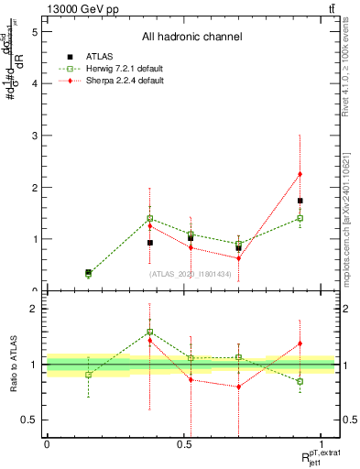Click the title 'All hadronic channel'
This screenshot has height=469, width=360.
pyautogui.click(x=191, y=38)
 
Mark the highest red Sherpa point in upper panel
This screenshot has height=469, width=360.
pyautogui.click(x=300, y=174)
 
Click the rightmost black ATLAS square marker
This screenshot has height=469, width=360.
pyautogui.click(x=300, y=201)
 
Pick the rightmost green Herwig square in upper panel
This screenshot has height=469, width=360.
pyautogui.click(x=300, y=218)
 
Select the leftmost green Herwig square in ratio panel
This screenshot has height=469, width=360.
pyautogui.click(x=88, y=375)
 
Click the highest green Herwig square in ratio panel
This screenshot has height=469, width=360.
pyautogui.click(x=149, y=332)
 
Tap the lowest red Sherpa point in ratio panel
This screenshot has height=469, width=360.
pyautogui.click(x=238, y=387)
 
